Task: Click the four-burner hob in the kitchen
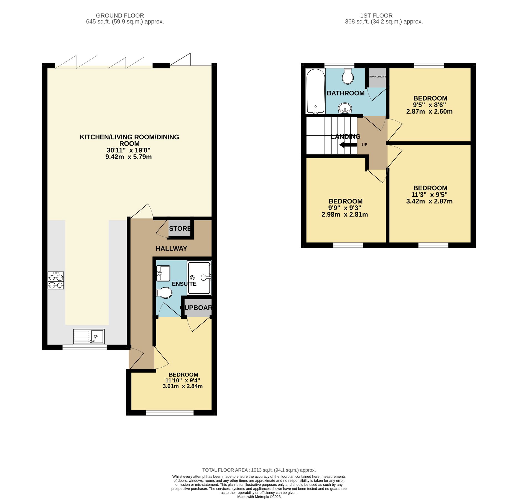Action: click(56, 281)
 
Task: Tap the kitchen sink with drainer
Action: click(89, 336)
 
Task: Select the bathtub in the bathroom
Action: click(315, 91)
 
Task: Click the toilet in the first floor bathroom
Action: click(348, 76)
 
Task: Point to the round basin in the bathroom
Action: click(345, 108)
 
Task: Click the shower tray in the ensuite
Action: click(199, 277)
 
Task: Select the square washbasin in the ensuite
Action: click(163, 273)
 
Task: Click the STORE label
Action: click(180, 229)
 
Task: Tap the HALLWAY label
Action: click(171, 249)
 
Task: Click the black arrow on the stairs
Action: click(348, 145)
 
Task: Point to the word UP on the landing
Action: click(364, 145)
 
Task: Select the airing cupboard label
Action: click(377, 77)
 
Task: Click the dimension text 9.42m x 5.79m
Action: click(128, 157)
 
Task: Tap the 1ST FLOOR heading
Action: click(376, 16)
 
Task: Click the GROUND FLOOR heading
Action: click(120, 16)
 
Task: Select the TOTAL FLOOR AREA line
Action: click(259, 470)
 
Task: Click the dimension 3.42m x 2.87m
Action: click(429, 201)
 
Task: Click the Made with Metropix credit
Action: click(259, 497)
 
